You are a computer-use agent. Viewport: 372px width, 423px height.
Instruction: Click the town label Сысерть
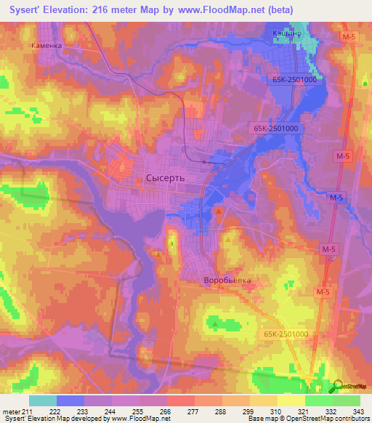tap(166, 177)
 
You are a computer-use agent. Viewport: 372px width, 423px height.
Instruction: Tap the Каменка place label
tap(47, 44)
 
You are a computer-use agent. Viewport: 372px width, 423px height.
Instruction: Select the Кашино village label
tap(288, 33)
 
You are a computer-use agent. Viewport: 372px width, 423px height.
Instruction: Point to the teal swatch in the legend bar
tap(43, 400)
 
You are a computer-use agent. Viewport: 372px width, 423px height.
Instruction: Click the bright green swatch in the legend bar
tap(318, 400)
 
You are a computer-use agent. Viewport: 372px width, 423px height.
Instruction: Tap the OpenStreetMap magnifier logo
tap(338, 385)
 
